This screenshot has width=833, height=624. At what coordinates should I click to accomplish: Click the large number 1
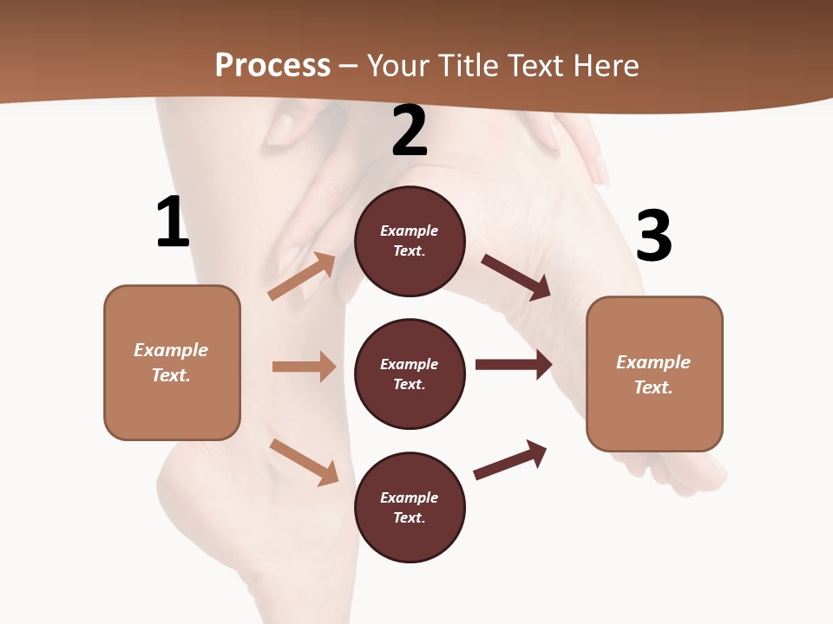pyautogui.click(x=173, y=222)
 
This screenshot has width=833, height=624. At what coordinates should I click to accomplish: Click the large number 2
pyautogui.click(x=410, y=131)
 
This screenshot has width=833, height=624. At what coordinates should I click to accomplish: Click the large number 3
pyautogui.click(x=653, y=236)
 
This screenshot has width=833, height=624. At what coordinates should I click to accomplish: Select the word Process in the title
pyautogui.click(x=272, y=65)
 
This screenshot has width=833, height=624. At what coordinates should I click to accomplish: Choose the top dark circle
pyautogui.click(x=410, y=241)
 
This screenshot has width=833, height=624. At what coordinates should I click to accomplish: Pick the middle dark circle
pyautogui.click(x=410, y=374)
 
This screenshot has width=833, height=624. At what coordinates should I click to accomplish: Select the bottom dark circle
pyautogui.click(x=410, y=507)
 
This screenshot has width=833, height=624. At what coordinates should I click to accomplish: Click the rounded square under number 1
pyautogui.click(x=172, y=362)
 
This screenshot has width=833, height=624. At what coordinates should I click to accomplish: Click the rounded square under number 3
pyautogui.click(x=654, y=374)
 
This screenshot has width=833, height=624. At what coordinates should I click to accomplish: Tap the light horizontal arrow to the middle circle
pyautogui.click(x=304, y=367)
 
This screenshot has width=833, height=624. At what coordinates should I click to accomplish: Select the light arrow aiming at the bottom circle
pyautogui.click(x=304, y=462)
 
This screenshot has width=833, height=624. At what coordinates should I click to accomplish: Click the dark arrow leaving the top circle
pyautogui.click(x=515, y=277)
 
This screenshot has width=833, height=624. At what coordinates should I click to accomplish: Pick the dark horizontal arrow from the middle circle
pyautogui.click(x=514, y=365)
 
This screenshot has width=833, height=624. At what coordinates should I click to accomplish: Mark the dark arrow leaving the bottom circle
pyautogui.click(x=510, y=459)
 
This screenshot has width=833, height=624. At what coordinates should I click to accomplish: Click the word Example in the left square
pyautogui.click(x=171, y=350)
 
